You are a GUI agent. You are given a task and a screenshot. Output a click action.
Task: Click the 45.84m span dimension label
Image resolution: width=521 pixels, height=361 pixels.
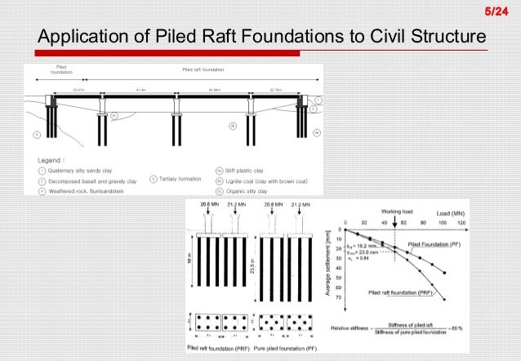point(216,89)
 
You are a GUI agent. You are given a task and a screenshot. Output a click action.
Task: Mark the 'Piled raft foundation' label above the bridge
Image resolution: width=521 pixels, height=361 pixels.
point(202,69)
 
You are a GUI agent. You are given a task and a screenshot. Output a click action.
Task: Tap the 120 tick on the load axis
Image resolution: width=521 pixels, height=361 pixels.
point(463,223)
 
